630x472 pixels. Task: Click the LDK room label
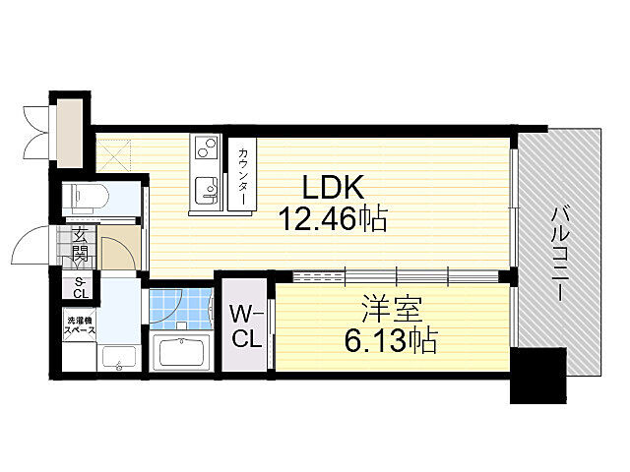click(333, 187)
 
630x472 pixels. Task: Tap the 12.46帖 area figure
click(335, 218)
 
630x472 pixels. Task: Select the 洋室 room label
click(392, 309)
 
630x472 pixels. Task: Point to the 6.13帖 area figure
click(390, 340)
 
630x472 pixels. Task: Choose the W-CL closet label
click(246, 326)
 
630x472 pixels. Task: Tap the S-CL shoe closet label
click(81, 288)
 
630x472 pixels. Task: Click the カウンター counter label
click(242, 177)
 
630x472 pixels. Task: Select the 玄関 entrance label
click(80, 245)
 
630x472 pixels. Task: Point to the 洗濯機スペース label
click(81, 325)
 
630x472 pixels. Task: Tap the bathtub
click(180, 352)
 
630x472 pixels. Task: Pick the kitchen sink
click(206, 191)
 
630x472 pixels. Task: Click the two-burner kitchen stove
click(206, 147)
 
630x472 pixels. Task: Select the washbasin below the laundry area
click(119, 358)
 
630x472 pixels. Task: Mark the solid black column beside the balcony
click(538, 376)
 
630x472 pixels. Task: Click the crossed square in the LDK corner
click(114, 154)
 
